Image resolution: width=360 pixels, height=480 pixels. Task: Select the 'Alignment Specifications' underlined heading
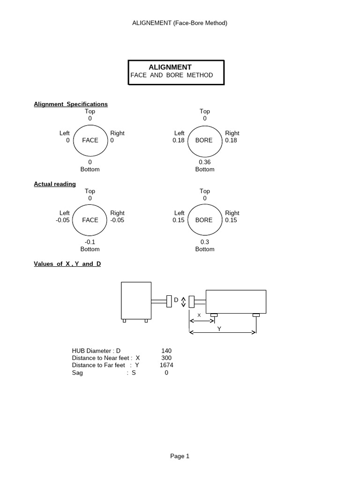71,104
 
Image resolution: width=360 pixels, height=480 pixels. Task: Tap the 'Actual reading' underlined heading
55,184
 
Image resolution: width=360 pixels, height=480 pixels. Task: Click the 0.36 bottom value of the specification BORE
205,162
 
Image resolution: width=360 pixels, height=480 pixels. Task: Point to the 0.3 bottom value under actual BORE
205,242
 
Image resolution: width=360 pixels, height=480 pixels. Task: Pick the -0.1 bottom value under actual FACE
90,242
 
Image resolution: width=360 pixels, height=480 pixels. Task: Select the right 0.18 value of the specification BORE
231,140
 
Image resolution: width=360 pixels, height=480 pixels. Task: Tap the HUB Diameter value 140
166,351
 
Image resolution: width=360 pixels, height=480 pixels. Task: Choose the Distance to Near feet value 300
166,358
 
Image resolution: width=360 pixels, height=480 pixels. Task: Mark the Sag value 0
166,373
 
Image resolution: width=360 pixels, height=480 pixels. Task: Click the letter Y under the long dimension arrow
218,329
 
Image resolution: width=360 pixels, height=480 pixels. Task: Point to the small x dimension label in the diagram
199,315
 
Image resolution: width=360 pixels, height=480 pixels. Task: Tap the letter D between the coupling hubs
176,300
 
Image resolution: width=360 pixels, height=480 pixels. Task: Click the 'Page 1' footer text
180,456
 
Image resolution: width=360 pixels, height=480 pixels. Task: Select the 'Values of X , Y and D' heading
67,264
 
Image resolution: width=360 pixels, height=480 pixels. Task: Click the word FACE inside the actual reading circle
90,220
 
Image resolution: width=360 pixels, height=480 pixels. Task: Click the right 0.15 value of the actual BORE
231,220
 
